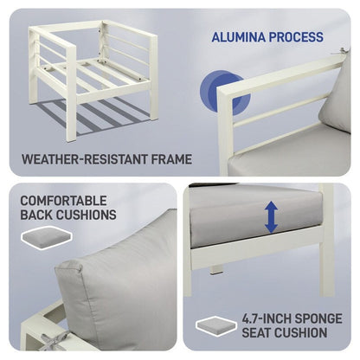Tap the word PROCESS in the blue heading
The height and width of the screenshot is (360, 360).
pos(297,37)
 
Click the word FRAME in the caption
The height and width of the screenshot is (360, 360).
pos(170,159)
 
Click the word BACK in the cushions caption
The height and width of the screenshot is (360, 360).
pos(39,215)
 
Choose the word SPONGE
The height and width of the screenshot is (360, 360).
pos(320,318)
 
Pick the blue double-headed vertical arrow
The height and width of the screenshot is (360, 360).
pos(272,216)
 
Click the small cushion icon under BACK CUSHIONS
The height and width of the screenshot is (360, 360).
pos(39,236)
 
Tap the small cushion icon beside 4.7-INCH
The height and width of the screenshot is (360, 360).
pos(217,325)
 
